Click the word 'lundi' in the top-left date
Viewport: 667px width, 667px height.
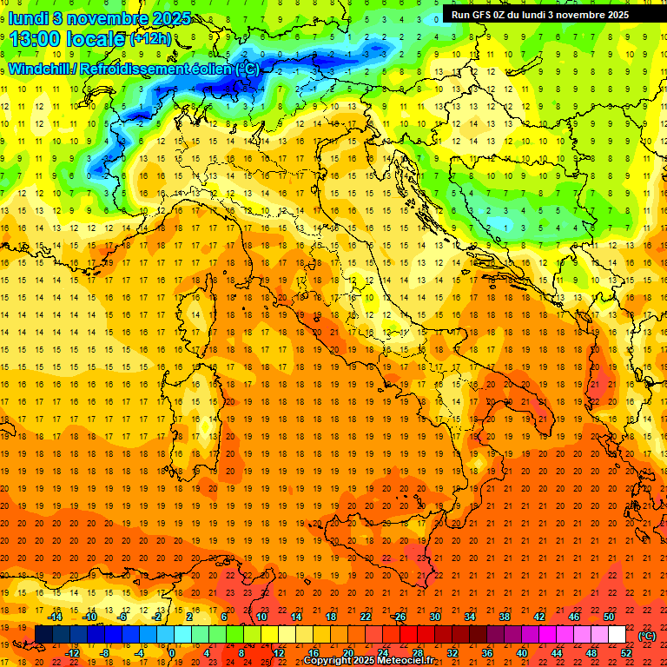point(28,17)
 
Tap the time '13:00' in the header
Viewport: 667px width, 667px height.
point(35,38)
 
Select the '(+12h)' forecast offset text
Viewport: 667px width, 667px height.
point(150,39)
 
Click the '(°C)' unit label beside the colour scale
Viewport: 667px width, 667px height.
point(647,636)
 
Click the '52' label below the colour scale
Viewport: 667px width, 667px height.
point(627,653)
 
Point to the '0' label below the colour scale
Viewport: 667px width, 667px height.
point(172,653)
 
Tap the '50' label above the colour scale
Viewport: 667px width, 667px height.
point(610,617)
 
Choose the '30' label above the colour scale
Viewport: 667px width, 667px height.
point(434,617)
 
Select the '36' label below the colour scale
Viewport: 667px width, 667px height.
point(487,653)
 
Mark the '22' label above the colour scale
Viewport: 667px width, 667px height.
point(366,617)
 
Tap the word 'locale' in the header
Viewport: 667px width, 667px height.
point(95,38)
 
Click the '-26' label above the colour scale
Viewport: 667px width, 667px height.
point(399,617)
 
